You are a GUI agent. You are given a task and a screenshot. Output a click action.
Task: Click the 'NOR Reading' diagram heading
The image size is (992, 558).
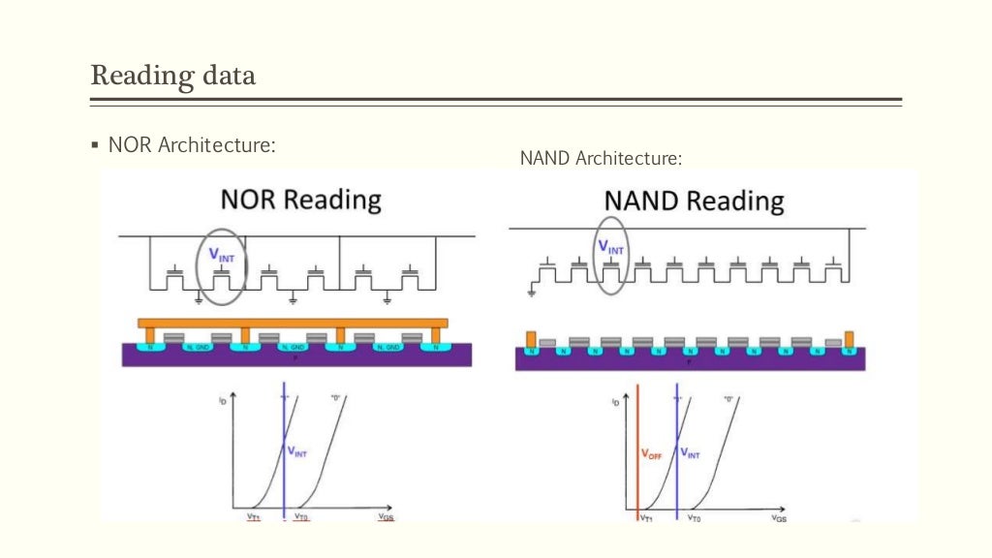point(301,200)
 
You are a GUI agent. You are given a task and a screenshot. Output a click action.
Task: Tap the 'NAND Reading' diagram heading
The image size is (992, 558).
point(694,201)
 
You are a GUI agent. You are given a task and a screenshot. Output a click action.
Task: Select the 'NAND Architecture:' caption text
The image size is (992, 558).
point(601,157)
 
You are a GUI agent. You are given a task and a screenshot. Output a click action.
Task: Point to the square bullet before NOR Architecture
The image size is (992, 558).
point(95,145)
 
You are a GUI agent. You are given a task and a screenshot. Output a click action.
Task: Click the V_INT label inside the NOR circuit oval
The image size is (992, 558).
point(222,256)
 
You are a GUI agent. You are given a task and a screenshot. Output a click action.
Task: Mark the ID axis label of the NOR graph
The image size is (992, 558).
point(224,398)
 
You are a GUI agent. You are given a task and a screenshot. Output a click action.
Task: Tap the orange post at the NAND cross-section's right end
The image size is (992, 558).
point(851,340)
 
